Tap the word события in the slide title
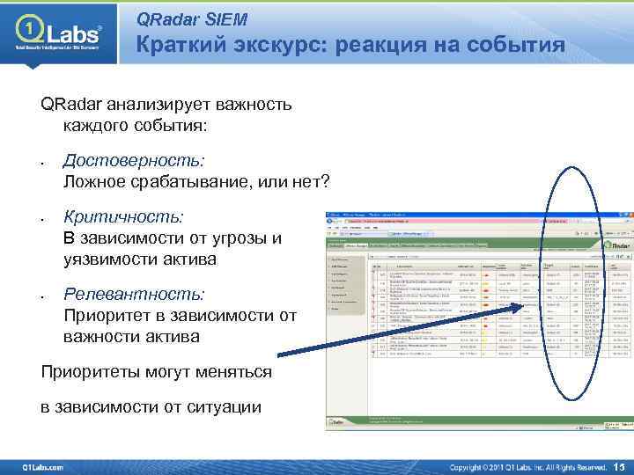510,46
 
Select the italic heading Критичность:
123,216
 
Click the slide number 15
617,466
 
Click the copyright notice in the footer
528,466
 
